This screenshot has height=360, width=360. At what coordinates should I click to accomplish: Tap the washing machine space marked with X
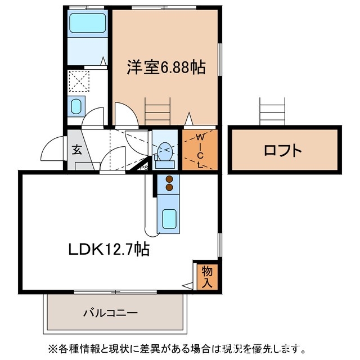point(79,80)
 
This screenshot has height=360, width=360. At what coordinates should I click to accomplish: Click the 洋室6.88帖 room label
point(164,67)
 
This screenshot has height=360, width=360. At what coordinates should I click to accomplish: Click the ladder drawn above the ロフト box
point(273,111)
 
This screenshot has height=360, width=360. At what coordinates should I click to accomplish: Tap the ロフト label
point(283,151)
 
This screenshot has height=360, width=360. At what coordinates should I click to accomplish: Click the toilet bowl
point(164,151)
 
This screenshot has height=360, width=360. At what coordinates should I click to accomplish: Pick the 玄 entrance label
point(76,150)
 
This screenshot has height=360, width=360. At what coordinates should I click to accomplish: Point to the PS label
point(143,166)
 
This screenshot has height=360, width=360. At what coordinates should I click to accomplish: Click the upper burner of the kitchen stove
point(168,181)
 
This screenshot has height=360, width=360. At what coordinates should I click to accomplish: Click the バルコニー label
point(110,312)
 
